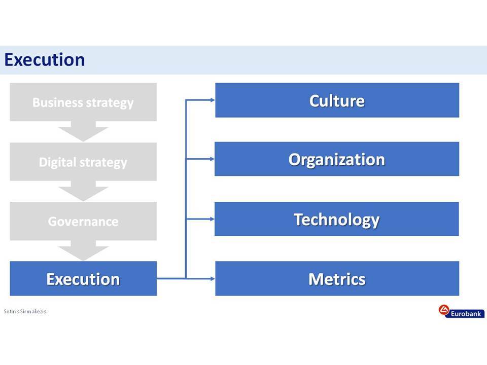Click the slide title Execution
[45, 60]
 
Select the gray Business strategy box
[83, 102]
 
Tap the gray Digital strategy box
[83, 162]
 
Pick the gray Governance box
[83, 222]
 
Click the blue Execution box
[83, 278]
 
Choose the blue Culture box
[337, 100]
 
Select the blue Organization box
[337, 159]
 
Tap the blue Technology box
[337, 219]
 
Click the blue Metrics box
[337, 278]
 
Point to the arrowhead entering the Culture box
[213, 100]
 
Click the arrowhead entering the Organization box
[213, 159]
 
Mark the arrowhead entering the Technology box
[213, 219]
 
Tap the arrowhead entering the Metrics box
[213, 279]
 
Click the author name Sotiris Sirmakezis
[25, 311]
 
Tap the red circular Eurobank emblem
[444, 310]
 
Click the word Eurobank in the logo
[466, 314]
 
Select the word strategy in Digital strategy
[103, 163]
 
